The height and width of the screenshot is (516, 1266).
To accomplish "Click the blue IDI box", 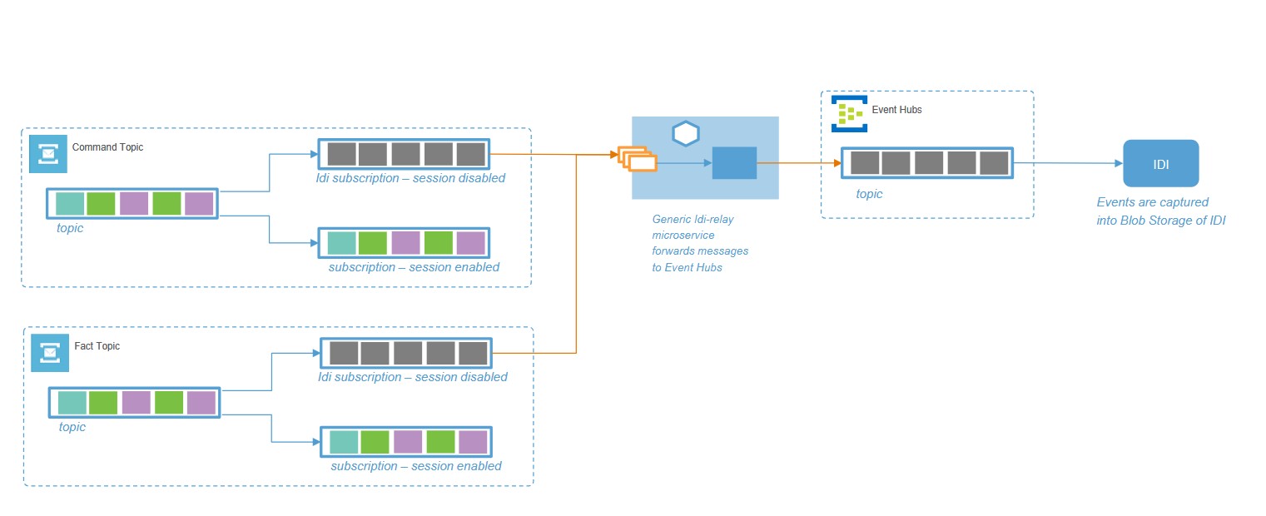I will coord(1160,163).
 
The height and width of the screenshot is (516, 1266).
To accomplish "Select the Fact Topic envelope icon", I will coord(50,353).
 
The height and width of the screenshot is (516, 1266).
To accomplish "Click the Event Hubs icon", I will coord(849,114).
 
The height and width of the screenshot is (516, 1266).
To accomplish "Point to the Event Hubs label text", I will coord(896,110).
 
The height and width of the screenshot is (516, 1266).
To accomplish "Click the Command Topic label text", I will coord(107,147).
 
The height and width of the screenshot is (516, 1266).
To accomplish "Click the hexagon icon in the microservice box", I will coord(685,133).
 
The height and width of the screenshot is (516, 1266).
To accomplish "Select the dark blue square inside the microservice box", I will coord(734,163).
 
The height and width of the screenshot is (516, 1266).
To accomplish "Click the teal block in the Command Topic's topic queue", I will coord(70,204).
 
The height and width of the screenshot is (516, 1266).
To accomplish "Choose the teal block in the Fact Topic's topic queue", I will coord(72,403).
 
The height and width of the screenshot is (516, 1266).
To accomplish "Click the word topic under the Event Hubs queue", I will coord(869,194).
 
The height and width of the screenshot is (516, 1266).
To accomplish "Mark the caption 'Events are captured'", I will coord(1152,202).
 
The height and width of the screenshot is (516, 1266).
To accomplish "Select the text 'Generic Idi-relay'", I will coord(693,220).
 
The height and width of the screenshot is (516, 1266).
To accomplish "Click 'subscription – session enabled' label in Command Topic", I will coord(414,267).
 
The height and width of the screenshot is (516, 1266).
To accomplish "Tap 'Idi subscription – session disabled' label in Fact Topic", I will coord(412,377).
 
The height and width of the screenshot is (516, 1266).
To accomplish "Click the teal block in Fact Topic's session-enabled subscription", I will coord(344,442).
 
